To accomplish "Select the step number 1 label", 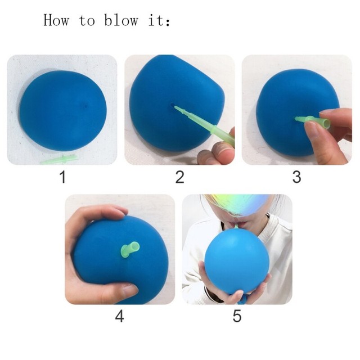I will click(62, 178).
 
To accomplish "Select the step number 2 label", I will click(179, 178).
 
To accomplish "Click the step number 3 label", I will click(296, 178).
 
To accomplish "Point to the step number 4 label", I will click(119, 317).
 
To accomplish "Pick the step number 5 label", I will click(237, 317).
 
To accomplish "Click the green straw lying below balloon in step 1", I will click(59, 160).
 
